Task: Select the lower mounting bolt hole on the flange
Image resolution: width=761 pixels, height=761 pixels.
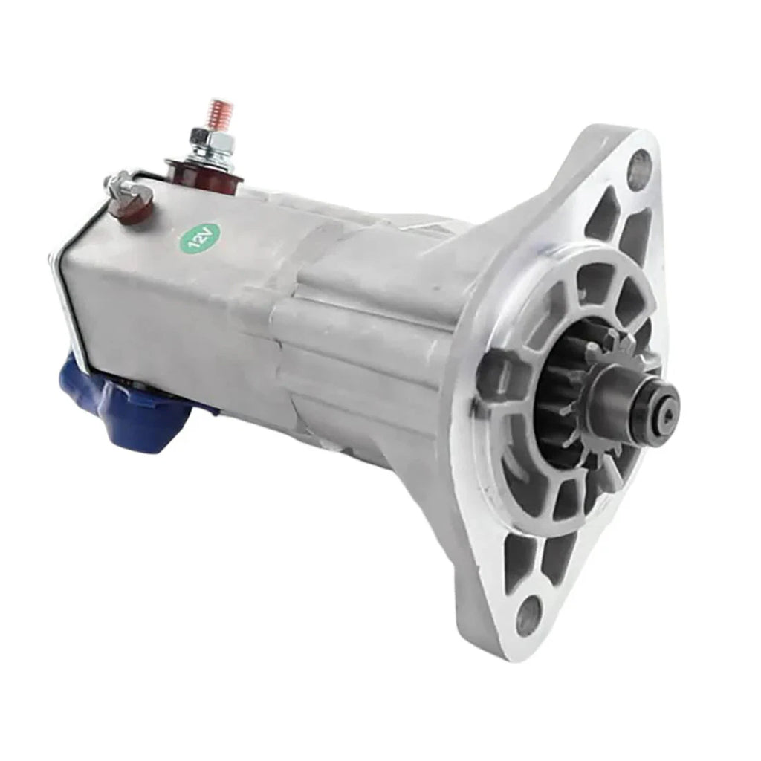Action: coord(528,616)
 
